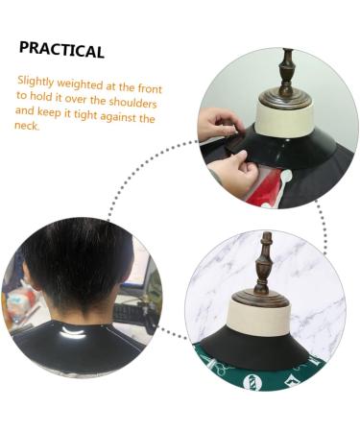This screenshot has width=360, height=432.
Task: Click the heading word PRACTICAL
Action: pyautogui.click(x=61, y=49)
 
